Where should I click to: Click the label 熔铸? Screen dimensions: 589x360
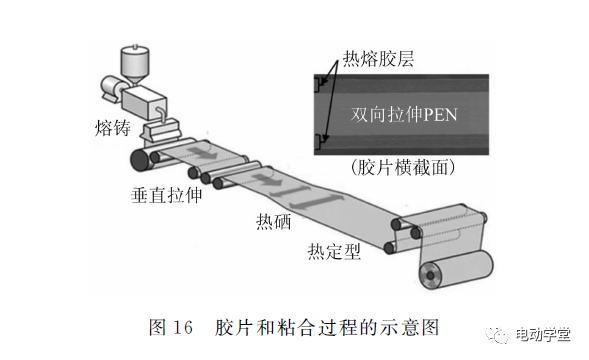pos(112,128)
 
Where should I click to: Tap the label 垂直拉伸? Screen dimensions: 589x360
pos(166,195)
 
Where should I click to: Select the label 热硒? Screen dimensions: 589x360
pos(273,221)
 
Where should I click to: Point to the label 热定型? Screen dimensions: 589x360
pos(334,251)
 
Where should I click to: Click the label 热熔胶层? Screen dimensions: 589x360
pos(378,59)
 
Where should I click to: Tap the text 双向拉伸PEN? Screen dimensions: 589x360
pos(404,115)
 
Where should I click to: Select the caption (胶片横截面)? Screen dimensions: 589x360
pos(403,167)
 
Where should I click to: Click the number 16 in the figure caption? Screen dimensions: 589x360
pos(183,327)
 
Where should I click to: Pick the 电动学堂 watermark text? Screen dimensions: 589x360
pos(543,334)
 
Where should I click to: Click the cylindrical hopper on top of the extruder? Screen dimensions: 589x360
pos(134,64)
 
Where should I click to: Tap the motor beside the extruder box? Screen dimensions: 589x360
pos(111,88)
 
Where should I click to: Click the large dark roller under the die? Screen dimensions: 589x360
pos(142,160)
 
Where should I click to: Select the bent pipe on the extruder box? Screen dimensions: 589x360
pos(161,113)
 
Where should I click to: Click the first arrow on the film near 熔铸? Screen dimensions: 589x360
pos(202,153)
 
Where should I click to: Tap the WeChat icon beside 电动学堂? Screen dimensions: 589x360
pos(497,334)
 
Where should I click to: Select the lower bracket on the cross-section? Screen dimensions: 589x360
pos(317,142)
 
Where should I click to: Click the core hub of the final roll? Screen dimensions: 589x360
pos(430,276)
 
